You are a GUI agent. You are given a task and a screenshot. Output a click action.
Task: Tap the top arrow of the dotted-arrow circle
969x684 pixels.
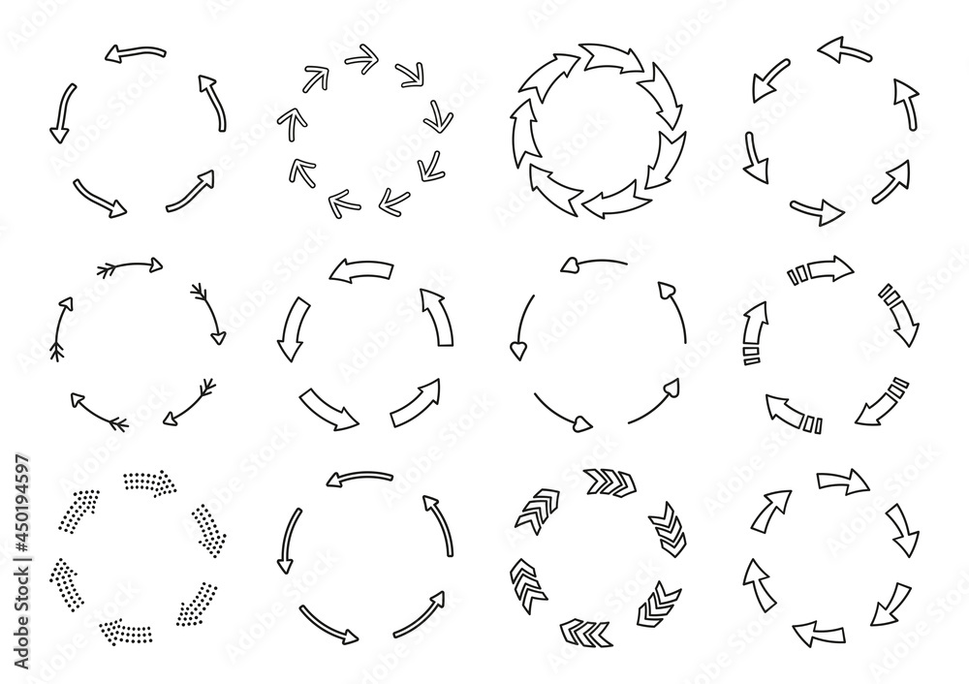point(148,481)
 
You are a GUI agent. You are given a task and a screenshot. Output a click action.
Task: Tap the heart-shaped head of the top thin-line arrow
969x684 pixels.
point(571,264)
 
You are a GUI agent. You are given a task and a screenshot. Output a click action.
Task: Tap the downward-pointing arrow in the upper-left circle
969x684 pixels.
point(62,112)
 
